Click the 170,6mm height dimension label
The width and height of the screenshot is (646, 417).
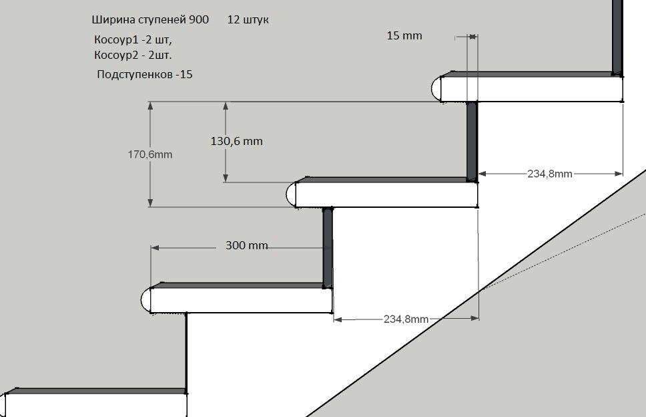point(150,154)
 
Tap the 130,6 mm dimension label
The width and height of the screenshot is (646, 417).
point(236,141)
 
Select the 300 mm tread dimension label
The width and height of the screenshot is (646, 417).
point(246,245)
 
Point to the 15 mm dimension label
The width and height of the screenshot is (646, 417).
point(404,35)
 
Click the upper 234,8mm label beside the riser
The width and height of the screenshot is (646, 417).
point(550,174)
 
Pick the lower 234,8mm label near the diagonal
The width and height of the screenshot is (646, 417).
point(406,319)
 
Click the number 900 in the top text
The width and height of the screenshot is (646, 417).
point(199,19)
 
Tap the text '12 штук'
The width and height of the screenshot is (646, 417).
point(248,19)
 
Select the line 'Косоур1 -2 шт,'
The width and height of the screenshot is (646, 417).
point(133,39)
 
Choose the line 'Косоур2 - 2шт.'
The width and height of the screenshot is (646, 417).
point(133,55)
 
